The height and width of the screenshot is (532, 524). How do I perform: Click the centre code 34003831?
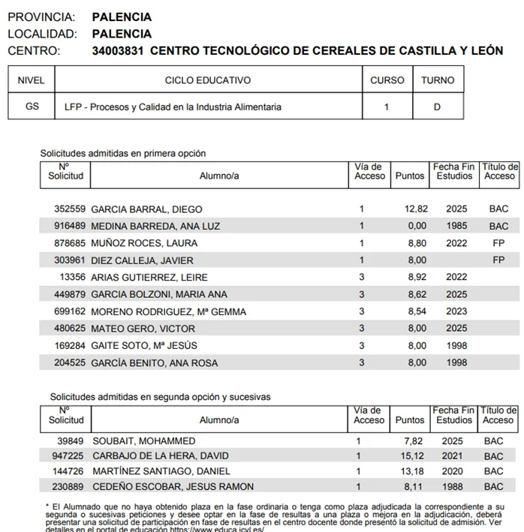click(x=118, y=51)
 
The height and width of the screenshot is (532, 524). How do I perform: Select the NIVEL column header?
click(x=31, y=80)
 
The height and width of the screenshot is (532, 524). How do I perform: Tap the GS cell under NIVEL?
click(x=32, y=107)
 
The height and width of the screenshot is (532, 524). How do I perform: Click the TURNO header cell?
click(x=438, y=80)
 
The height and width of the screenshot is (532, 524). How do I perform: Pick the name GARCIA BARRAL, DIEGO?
click(x=146, y=209)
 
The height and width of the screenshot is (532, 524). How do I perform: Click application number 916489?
click(x=70, y=227)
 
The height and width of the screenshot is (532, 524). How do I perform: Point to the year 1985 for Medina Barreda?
click(x=456, y=227)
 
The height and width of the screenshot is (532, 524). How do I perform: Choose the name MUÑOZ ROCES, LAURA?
click(x=144, y=243)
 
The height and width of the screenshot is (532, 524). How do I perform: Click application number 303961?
click(x=70, y=260)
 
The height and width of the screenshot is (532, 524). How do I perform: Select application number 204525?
click(x=70, y=363)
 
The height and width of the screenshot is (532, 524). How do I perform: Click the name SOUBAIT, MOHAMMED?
click(x=143, y=441)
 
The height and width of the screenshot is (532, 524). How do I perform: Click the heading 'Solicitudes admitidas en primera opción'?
click(x=122, y=153)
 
